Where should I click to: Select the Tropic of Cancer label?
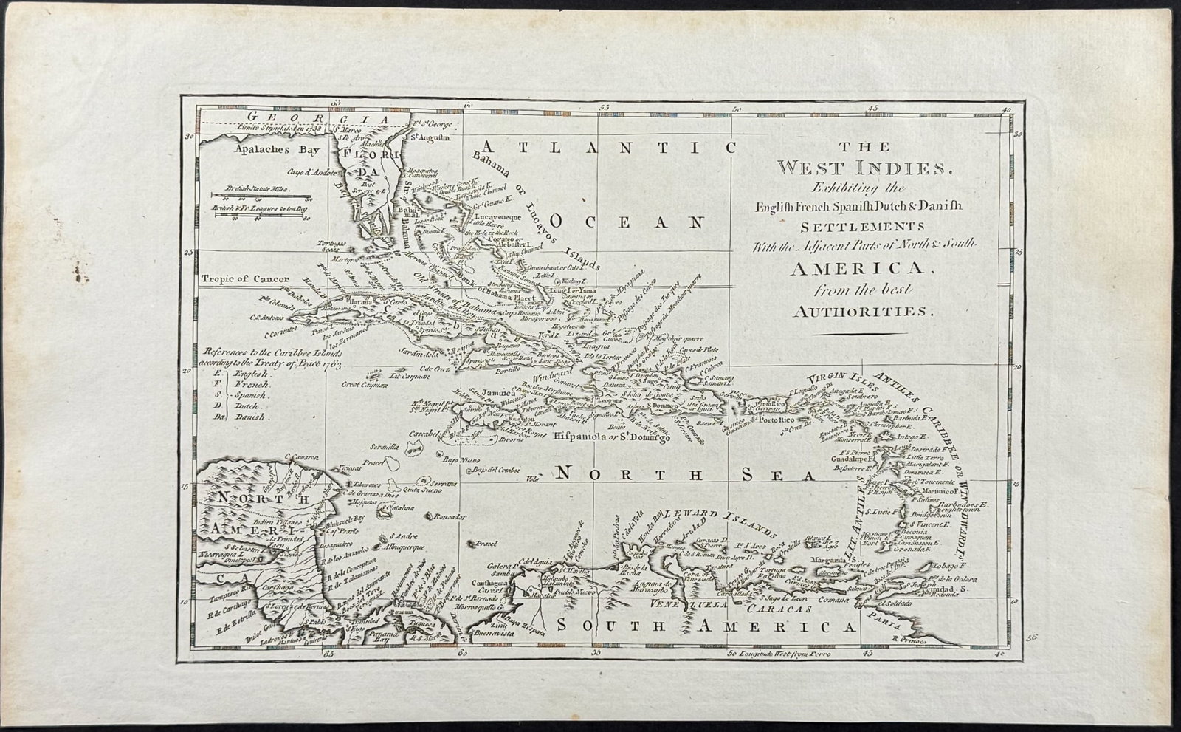coord(243,280)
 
